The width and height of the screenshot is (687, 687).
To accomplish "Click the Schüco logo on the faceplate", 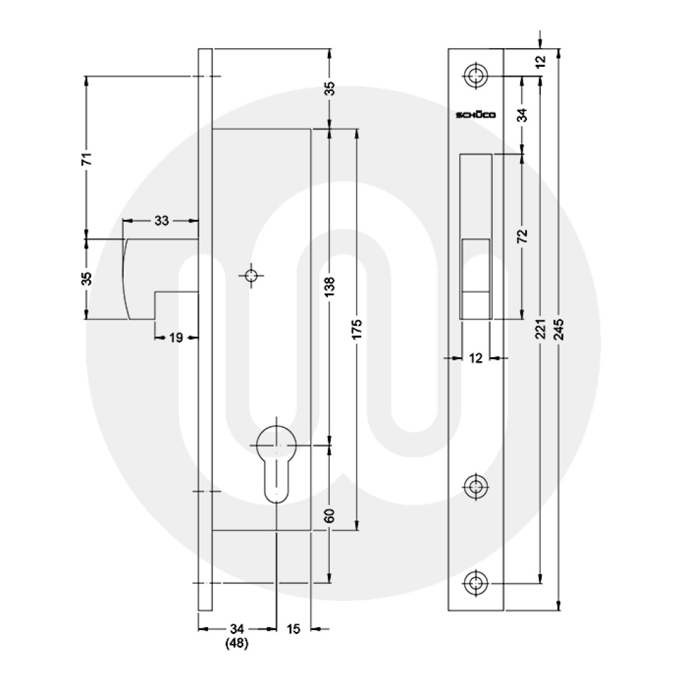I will coord(475,115).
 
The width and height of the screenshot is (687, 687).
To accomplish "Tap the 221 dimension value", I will coord(541,328).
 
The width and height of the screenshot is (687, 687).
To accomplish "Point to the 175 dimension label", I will coord(357,328).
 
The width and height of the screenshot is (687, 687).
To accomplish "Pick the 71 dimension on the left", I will coord(87,157).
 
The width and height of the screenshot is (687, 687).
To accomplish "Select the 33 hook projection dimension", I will coord(161,220).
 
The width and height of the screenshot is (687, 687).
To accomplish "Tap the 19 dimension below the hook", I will coord(175,338).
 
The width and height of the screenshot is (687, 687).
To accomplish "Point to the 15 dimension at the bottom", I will coord(293,629).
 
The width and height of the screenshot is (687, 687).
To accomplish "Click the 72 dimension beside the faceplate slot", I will coord(523,235).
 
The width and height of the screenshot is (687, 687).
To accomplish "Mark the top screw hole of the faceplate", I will coord(476,76).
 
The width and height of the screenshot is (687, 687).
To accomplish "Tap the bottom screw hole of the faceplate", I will coord(476,584).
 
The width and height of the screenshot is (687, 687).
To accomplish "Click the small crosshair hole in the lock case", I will coord(251,275).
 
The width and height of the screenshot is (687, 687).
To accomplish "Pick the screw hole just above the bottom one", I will coord(476,486).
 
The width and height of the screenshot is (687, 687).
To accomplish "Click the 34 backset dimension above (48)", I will coord(236,629).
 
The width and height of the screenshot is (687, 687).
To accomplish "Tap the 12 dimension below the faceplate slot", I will coord(476,358).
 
